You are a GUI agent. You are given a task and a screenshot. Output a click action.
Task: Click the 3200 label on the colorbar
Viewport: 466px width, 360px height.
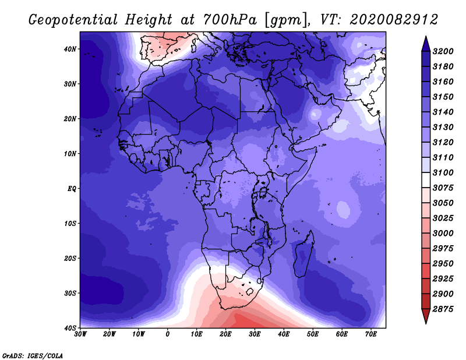(x=443, y=51)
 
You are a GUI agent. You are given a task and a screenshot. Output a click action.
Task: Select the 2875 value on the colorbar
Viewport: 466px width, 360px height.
(x=443, y=309)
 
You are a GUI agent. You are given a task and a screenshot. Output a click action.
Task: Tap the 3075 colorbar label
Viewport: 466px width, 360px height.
(x=443, y=188)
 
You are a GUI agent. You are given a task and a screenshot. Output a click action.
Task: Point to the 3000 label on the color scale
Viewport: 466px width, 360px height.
(x=443, y=233)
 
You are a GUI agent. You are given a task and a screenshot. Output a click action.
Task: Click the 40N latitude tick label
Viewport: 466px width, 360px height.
(x=70, y=49)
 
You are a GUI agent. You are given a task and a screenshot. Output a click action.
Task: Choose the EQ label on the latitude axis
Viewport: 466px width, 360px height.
(x=72, y=189)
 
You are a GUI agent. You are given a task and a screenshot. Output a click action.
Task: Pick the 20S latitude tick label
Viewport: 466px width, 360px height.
(x=70, y=258)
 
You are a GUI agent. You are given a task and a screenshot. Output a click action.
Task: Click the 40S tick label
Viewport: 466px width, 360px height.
(x=70, y=328)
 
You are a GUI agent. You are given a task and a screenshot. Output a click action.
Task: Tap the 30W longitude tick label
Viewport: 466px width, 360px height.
(x=80, y=334)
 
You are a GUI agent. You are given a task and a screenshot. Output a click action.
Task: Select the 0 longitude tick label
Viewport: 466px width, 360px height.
(x=168, y=334)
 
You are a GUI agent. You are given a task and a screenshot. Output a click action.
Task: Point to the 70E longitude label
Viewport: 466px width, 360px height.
(x=371, y=334)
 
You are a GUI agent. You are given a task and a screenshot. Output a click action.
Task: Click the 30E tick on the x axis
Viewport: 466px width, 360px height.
(x=255, y=334)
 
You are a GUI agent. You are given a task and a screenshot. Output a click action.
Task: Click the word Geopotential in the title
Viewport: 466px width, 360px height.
(x=73, y=20)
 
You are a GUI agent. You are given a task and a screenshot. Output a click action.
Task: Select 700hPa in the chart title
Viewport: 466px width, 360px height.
(x=230, y=20)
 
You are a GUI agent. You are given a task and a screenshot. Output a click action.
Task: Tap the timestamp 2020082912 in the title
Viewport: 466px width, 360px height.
(x=394, y=20)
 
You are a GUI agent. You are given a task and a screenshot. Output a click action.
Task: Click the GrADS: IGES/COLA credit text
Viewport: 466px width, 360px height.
(x=33, y=355)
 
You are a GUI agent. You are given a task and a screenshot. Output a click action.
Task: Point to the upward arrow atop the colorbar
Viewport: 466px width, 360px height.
(x=426, y=44)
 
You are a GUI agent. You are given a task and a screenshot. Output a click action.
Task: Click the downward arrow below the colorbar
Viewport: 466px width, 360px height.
(x=426, y=316)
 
